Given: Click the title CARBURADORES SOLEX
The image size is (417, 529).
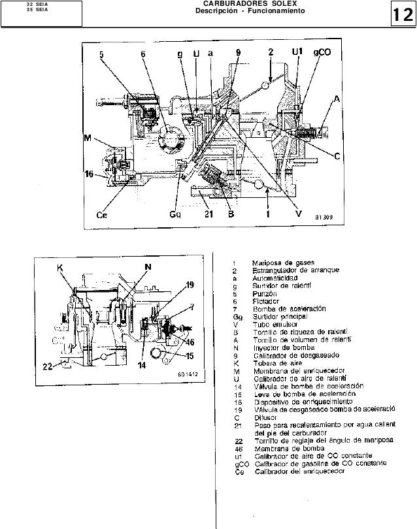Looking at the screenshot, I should click(250, 5).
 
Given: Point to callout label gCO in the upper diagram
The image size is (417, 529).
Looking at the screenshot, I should click(322, 53).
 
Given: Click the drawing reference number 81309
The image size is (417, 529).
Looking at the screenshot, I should click(323, 217).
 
